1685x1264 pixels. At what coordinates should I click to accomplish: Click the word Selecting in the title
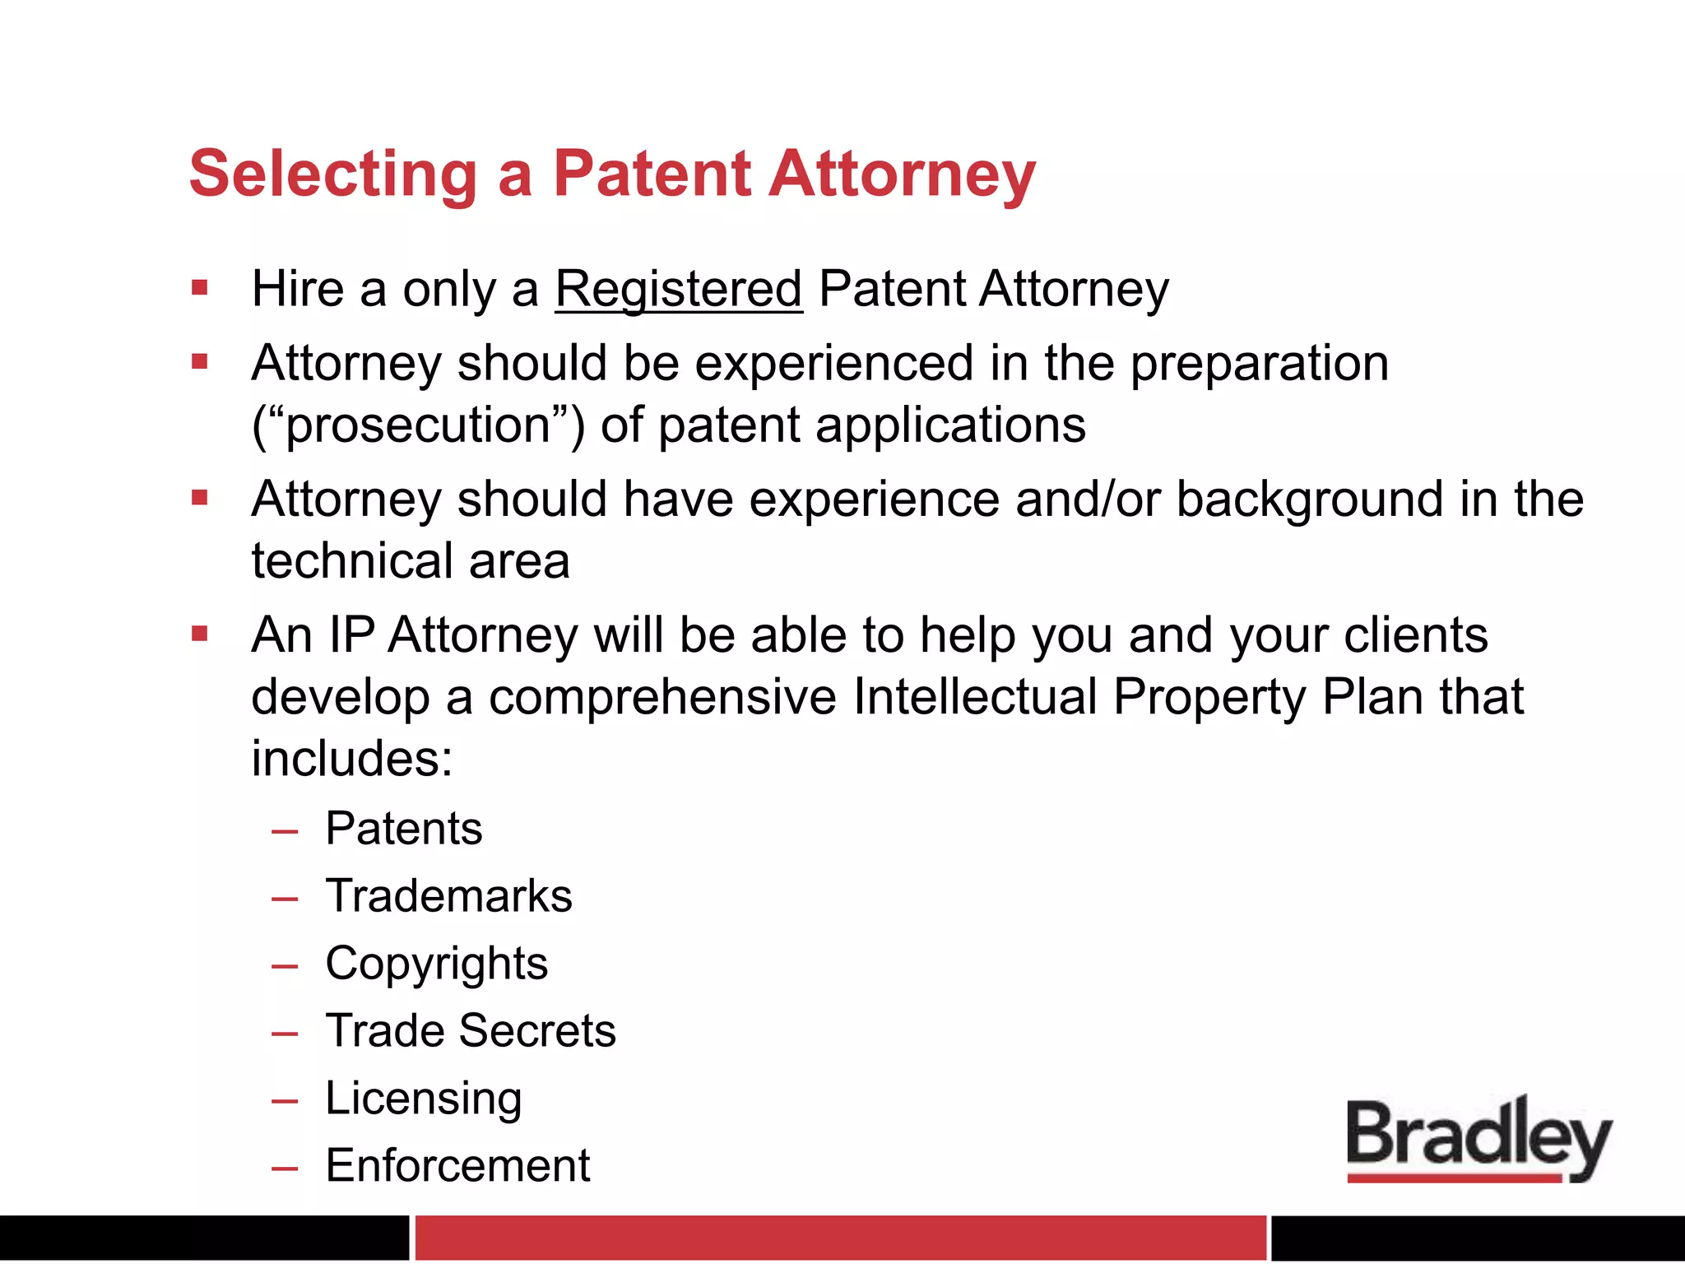tap(333, 174)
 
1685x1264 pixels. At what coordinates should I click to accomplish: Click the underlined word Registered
tap(679, 290)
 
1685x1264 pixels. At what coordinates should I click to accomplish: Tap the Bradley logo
tap(1478, 1140)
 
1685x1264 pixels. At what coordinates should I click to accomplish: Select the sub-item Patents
tap(403, 829)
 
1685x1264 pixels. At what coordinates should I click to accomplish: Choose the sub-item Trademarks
tap(448, 896)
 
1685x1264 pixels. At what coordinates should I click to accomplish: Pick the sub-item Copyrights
tap(436, 964)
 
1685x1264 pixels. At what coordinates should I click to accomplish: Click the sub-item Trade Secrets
tap(471, 1031)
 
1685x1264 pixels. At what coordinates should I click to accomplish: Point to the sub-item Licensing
tap(424, 1099)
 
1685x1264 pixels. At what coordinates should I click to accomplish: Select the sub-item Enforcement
tap(457, 1166)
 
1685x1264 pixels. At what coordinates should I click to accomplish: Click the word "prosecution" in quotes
tap(418, 426)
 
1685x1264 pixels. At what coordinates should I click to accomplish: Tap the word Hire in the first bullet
tap(298, 290)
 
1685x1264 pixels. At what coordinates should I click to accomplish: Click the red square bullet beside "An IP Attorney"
tap(200, 634)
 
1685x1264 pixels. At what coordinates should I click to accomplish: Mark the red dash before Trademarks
tap(285, 899)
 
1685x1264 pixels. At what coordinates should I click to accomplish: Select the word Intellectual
tap(975, 698)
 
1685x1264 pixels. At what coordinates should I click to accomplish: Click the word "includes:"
tap(352, 759)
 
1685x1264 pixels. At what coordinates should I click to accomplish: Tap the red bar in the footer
tap(839, 1237)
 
